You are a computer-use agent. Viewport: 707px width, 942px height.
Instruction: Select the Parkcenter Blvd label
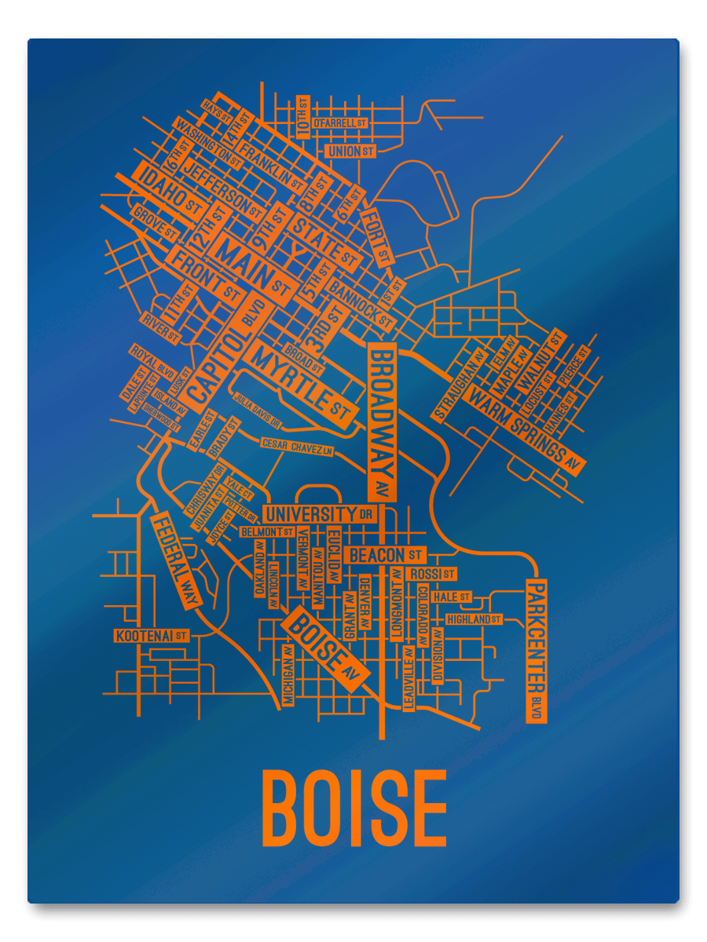536,650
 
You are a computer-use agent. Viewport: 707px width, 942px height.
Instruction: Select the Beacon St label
386,555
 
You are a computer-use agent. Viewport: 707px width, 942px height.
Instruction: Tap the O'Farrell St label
340,123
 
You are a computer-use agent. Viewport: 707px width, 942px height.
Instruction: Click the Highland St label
474,619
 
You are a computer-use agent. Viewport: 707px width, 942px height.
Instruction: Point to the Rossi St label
432,574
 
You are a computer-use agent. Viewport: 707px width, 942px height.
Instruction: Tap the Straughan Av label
457,383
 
